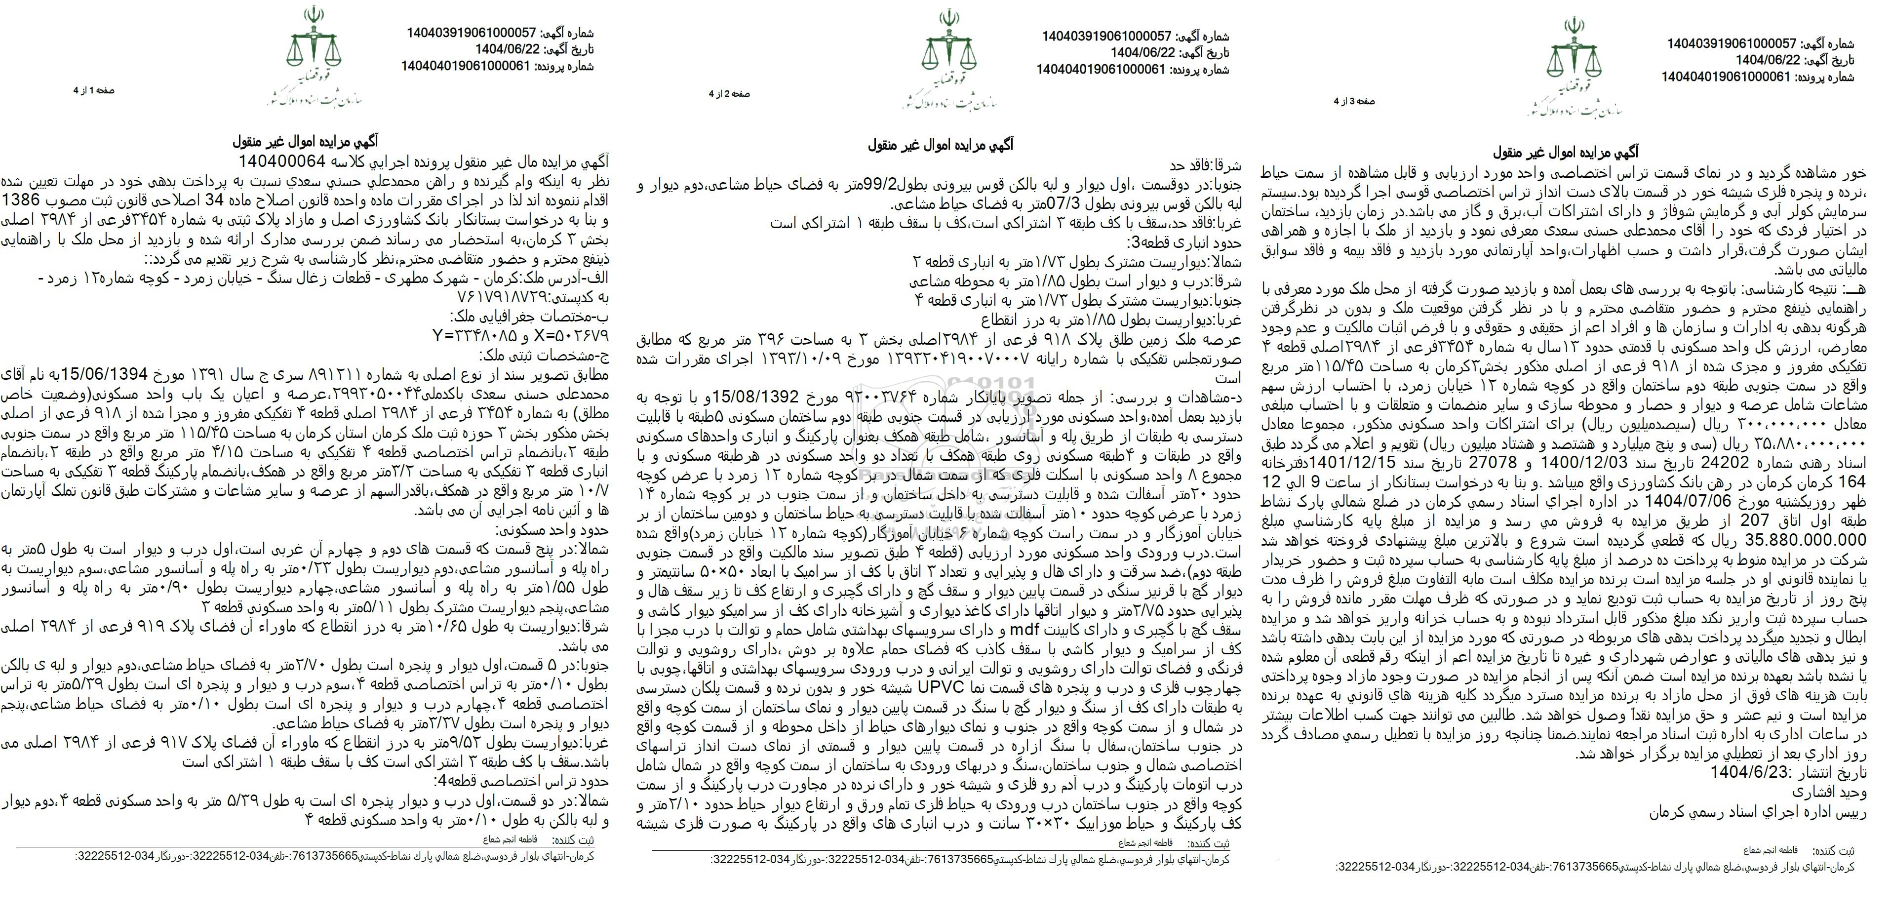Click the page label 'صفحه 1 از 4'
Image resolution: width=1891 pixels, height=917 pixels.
coord(94,90)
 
